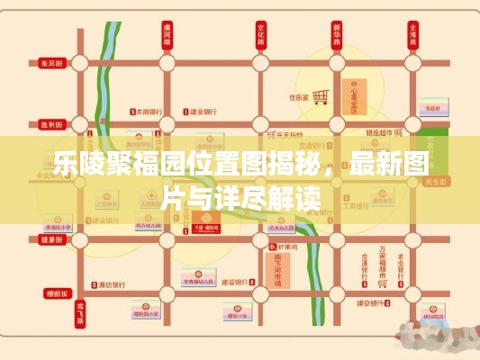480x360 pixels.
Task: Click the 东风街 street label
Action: [x=50, y=64]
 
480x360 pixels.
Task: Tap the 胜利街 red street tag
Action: [x=50, y=125]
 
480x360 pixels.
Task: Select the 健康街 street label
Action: [x=50, y=240]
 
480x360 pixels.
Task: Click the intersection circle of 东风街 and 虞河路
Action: [x=166, y=64]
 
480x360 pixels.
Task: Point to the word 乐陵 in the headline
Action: [x=73, y=165]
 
